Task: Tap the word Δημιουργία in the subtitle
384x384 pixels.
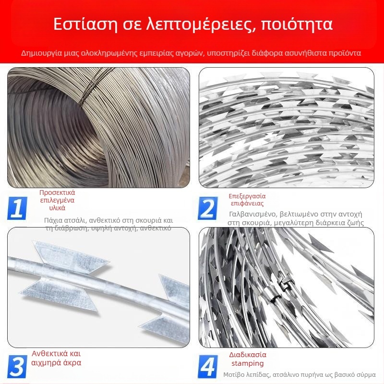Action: [x=40, y=53]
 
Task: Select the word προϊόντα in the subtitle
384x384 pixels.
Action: [x=345, y=53]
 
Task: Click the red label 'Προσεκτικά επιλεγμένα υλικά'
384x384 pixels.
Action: [x=57, y=200]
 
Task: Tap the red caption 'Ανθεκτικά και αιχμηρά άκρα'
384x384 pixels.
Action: [x=57, y=358]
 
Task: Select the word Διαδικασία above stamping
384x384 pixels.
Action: [x=248, y=355]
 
